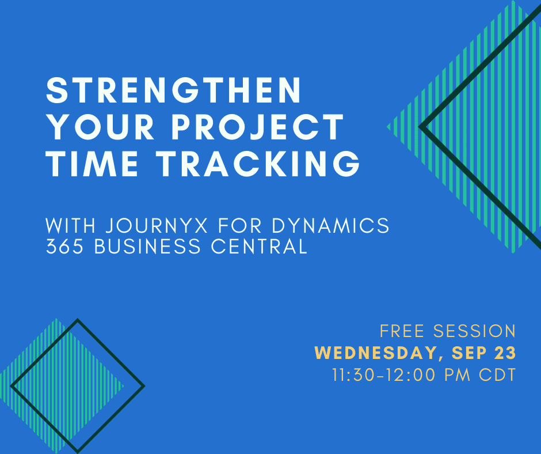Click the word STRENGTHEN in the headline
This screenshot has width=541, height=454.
coord(174,90)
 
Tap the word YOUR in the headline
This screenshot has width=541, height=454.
coord(100,127)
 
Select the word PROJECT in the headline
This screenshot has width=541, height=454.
coord(258,127)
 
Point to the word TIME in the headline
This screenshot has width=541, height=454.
coord(92,164)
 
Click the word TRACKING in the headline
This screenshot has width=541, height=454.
coord(258,164)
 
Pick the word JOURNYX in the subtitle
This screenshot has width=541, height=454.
coord(157,226)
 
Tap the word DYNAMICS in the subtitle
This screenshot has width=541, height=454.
coord(330,226)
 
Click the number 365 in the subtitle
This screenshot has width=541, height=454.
coord(65,247)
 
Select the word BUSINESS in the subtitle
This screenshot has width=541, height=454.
coord(147,247)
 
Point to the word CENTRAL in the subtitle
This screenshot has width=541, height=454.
coord(259,247)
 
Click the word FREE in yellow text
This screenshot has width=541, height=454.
coord(402,331)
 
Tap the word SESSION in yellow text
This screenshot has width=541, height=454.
coord(474,331)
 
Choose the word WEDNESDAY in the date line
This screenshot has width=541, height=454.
coord(377,353)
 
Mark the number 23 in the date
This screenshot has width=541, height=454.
coord(505,353)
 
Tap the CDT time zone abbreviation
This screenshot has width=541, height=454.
coord(497,375)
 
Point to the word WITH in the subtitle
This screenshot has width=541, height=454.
coord(71,226)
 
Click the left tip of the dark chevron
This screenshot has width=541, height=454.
coord(420,127)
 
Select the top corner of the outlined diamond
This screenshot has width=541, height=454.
coord(78,320)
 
